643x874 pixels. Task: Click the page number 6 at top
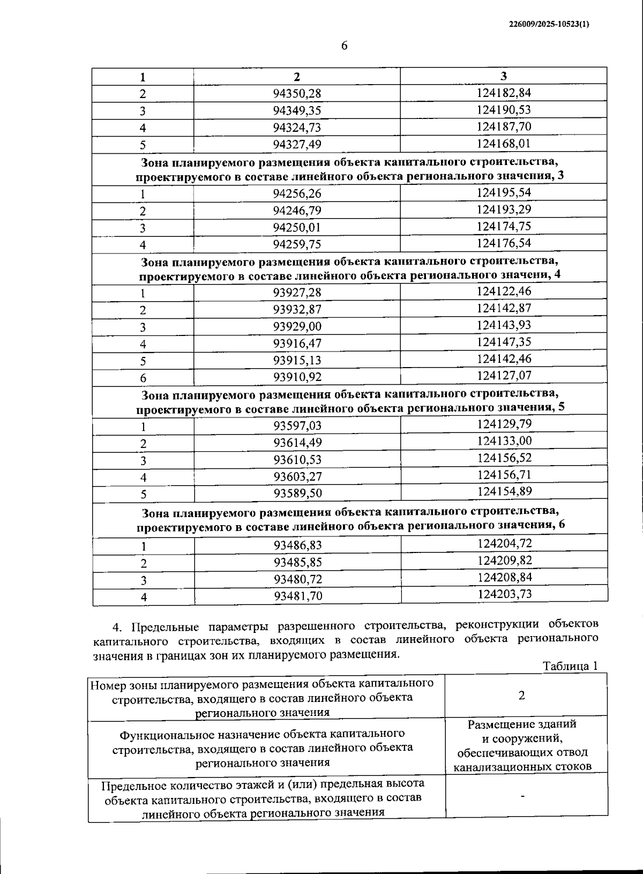345,46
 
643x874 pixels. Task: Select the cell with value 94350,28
297,94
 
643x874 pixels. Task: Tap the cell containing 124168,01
504,144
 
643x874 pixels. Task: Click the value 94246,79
297,211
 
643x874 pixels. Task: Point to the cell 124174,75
504,226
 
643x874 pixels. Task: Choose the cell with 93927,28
297,293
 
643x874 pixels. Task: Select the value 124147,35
504,342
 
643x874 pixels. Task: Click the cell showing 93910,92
297,377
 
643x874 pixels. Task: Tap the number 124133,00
504,442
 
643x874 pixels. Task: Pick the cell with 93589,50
297,493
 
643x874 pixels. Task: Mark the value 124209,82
504,561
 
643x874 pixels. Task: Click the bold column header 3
503,76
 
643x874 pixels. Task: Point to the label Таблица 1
570,666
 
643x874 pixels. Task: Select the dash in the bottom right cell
522,796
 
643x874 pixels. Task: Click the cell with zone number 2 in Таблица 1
522,696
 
